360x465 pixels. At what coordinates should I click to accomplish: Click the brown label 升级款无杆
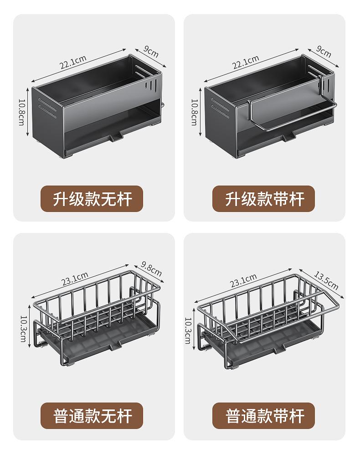pyautogui.click(x=92, y=199)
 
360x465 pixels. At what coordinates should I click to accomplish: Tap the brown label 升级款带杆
pyautogui.click(x=264, y=199)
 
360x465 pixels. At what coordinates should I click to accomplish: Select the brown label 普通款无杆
pyautogui.click(x=92, y=416)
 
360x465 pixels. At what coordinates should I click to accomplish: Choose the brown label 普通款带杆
pyautogui.click(x=264, y=416)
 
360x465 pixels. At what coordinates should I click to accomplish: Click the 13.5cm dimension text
pyautogui.click(x=326, y=280)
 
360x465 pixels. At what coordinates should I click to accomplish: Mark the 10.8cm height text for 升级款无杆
pyautogui.click(x=21, y=112)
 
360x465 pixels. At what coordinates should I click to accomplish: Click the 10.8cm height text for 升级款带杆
pyautogui.click(x=194, y=112)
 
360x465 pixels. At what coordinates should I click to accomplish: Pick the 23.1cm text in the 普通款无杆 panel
pyautogui.click(x=75, y=278)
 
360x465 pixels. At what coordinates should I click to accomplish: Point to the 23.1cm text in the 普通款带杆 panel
pyautogui.click(x=243, y=279)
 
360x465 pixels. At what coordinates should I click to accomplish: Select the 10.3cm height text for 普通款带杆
pyautogui.click(x=188, y=329)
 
